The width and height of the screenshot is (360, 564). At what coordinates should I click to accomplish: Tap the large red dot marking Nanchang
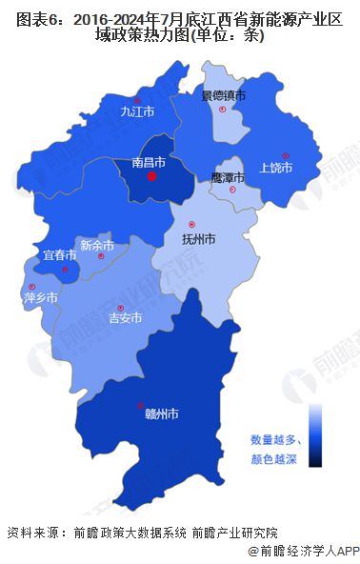click(x=151, y=176)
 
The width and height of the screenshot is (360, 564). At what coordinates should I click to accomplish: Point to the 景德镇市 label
click(x=223, y=95)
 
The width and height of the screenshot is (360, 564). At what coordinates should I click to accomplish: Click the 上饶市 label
click(x=275, y=168)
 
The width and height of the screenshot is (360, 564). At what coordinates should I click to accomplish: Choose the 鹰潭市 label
click(x=228, y=178)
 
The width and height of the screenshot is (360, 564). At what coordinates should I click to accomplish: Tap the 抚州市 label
click(x=198, y=237)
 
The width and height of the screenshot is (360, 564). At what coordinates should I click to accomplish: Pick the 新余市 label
click(x=97, y=245)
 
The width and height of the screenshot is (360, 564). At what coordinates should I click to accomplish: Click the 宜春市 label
click(x=59, y=255)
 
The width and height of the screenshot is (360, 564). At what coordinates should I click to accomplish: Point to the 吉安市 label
click(x=126, y=317)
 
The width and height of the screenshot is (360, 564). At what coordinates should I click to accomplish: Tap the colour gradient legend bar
click(x=315, y=434)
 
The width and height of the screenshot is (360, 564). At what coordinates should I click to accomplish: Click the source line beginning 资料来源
click(x=142, y=532)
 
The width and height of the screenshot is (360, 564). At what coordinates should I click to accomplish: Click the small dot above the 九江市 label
click(x=137, y=99)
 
